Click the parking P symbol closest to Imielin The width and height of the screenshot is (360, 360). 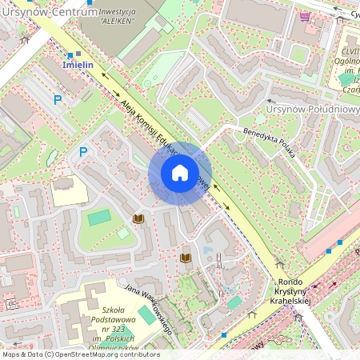click(57, 100)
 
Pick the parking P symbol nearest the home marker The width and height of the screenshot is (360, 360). click(82, 151)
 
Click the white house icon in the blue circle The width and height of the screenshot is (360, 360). click(180, 173)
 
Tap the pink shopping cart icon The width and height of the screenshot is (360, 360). click(304, 15)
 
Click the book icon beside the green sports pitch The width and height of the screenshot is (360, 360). click(138, 218)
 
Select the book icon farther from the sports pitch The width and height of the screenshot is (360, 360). click(186, 258)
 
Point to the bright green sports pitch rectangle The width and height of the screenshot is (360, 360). click(99, 217)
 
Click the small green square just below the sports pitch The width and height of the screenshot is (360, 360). click(123, 233)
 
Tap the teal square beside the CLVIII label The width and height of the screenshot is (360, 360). click(346, 78)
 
